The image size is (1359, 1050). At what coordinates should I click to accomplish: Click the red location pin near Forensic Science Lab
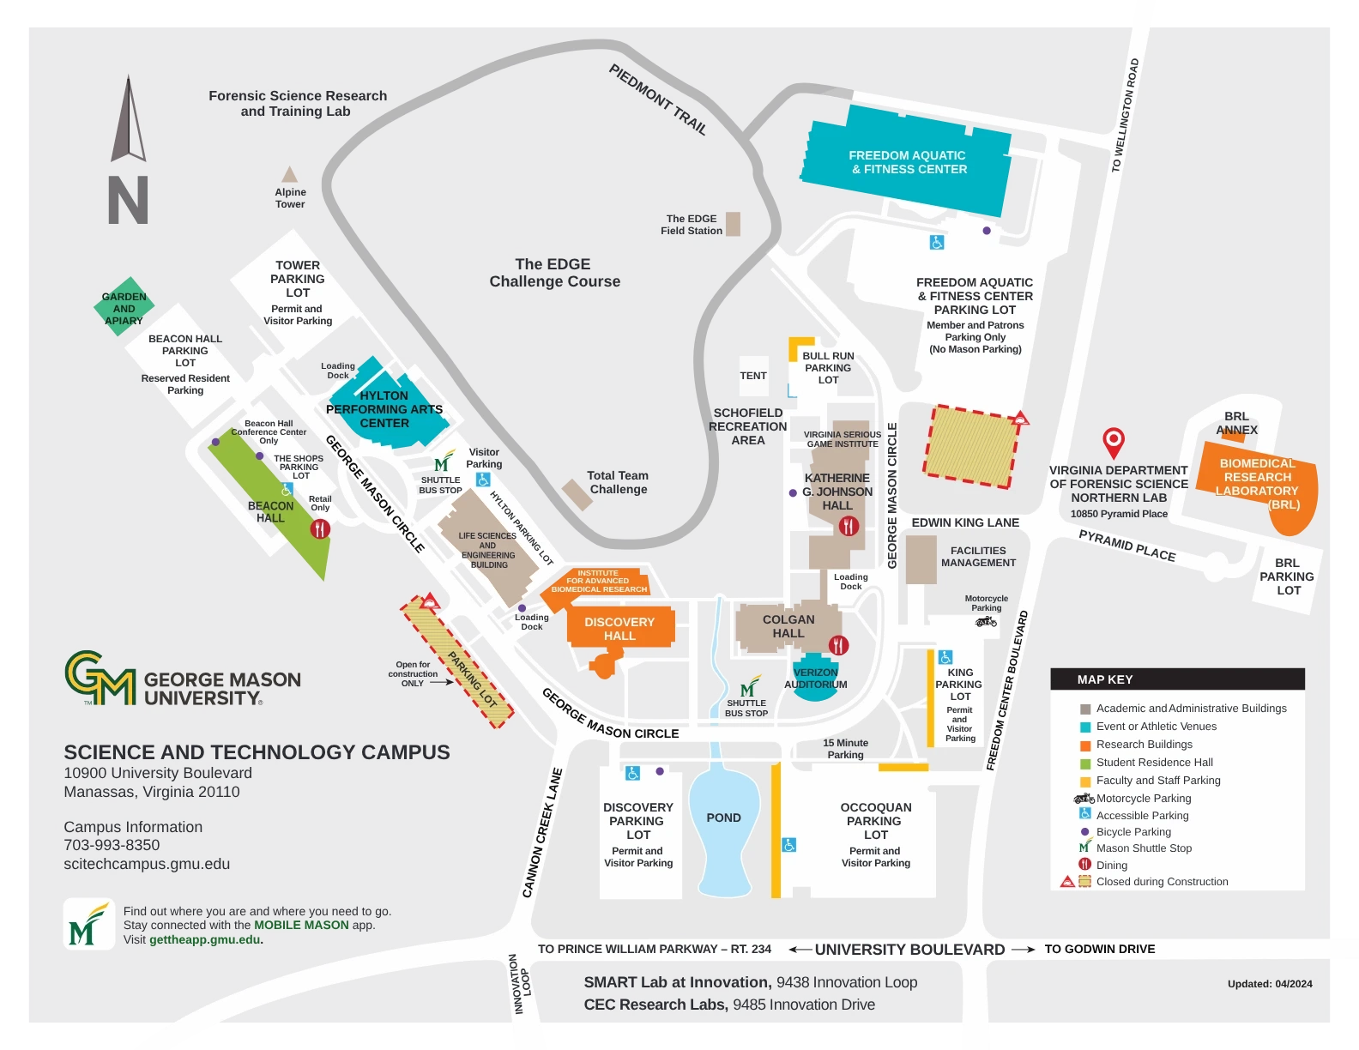point(1113,440)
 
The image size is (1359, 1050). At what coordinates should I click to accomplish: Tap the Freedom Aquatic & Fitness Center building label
point(908,162)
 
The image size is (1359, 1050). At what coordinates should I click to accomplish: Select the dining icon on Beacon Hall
point(320,529)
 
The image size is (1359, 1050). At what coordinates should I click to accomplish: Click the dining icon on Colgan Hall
point(838,644)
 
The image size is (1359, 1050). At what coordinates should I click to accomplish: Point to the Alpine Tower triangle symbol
point(290,175)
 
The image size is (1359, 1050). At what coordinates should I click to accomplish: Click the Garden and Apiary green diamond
point(124,308)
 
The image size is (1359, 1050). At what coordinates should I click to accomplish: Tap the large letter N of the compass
point(128,200)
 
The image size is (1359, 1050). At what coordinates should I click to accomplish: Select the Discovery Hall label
point(619,629)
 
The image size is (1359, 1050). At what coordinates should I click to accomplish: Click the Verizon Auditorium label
point(815,679)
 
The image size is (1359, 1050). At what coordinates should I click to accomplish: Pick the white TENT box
point(753,376)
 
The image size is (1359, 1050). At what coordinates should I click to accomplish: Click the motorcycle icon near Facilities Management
point(986,621)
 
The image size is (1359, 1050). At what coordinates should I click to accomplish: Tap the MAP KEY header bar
point(1177,679)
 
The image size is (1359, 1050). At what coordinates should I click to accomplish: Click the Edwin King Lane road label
point(965,522)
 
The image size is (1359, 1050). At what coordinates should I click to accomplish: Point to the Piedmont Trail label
point(658,100)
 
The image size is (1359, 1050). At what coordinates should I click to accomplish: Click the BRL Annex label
point(1236,423)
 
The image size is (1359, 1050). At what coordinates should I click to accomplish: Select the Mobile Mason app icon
point(88,925)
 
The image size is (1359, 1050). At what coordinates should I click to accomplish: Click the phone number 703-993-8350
point(112,845)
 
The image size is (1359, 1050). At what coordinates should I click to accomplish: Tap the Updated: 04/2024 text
point(1269,984)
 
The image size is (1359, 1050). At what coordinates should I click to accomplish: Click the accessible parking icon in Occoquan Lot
point(789,845)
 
